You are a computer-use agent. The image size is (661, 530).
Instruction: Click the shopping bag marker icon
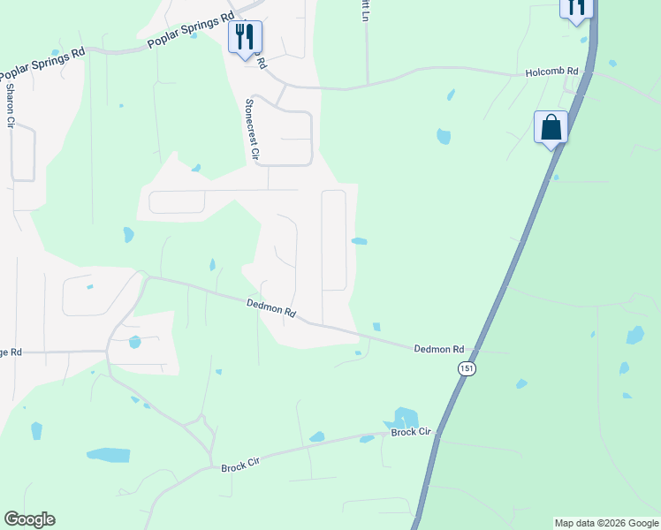(x=551, y=127)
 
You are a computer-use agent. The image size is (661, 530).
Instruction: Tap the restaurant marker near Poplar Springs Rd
(x=246, y=37)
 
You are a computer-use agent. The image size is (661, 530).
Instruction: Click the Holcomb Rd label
(x=551, y=72)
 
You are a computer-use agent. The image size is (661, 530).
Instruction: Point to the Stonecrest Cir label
(x=251, y=130)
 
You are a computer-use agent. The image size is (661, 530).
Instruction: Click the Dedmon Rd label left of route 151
(x=439, y=349)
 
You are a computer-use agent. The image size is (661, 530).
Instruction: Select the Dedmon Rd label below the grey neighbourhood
(x=270, y=308)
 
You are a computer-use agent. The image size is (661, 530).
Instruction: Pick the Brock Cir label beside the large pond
(x=412, y=432)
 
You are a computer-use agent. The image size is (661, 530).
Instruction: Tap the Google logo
(x=29, y=519)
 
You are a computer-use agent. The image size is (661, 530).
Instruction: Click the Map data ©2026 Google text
(x=605, y=523)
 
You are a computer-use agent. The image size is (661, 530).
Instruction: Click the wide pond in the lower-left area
(x=108, y=455)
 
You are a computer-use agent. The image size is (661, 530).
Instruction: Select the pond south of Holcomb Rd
(x=444, y=136)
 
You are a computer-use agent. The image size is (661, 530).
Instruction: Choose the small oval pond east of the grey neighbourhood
(x=360, y=241)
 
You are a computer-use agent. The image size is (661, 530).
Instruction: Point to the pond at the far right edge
(x=634, y=336)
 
